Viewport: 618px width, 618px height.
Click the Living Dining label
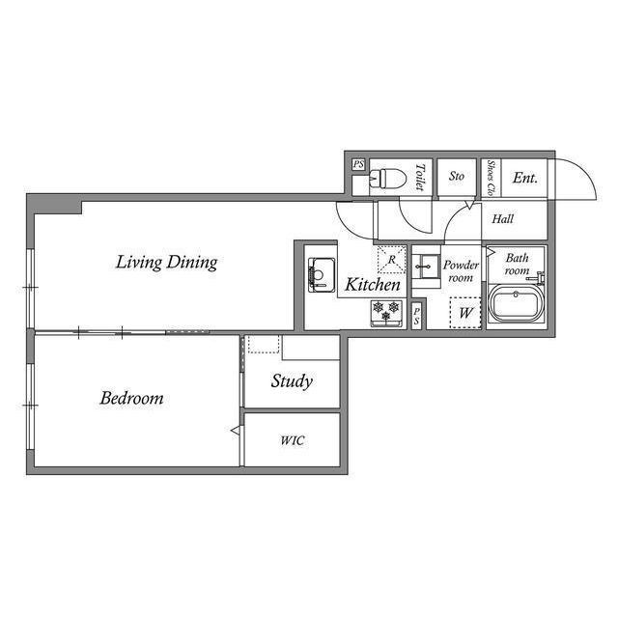[166, 263]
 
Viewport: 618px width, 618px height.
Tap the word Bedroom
[131, 398]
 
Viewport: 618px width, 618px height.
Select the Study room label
[292, 381]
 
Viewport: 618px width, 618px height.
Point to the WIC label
[292, 440]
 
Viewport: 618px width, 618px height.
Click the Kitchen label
[373, 285]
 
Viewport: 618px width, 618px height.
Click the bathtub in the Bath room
[517, 303]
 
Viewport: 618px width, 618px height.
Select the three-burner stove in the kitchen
[386, 313]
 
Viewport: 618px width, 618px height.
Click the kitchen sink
[322, 274]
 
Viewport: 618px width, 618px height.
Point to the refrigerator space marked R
[391, 260]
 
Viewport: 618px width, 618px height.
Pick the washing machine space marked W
[465, 313]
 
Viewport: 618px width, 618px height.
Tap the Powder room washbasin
[426, 267]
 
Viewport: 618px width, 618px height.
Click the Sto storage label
[457, 176]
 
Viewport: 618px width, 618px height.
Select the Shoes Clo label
[491, 178]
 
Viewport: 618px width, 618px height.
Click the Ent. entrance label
[525, 178]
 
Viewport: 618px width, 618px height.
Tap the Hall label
[502, 219]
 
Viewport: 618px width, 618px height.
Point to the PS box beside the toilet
[358, 164]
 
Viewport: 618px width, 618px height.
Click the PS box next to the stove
[416, 316]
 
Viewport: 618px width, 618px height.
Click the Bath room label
[517, 264]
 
